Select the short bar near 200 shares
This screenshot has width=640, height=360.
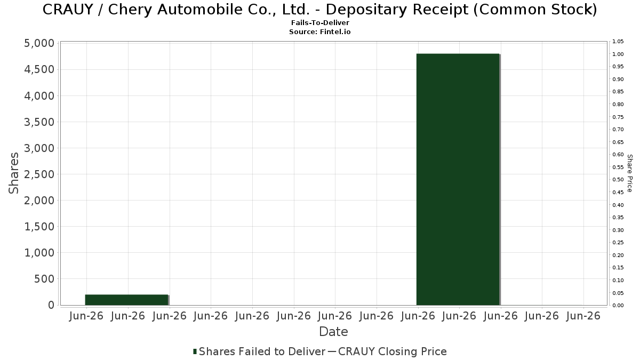127,300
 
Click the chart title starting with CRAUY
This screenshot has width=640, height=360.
319,10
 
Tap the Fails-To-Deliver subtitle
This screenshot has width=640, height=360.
320,22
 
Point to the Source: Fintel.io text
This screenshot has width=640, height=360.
319,31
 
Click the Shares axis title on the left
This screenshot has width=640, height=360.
13,173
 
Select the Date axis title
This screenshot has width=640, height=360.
333,332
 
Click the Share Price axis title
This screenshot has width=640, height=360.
630,173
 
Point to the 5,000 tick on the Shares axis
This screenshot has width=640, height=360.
39,43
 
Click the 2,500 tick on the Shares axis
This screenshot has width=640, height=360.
39,174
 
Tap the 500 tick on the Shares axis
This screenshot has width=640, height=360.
44,279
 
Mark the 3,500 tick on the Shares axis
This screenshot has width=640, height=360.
39,122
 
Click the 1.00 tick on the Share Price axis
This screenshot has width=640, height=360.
618,54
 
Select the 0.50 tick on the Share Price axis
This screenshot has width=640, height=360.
618,180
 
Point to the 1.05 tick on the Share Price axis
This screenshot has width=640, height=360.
618,42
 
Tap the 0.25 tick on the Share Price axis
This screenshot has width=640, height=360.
618,243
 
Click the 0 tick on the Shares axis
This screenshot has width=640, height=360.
51,305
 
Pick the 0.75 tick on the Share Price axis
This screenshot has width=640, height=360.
618,117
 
